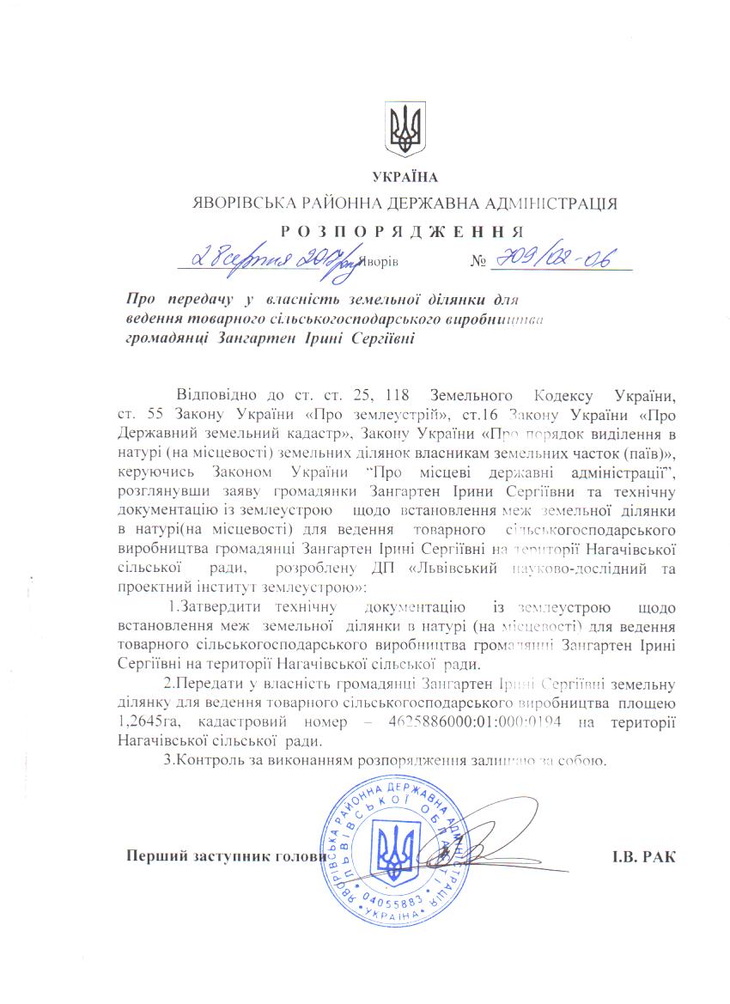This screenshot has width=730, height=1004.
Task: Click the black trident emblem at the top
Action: tap(405, 130)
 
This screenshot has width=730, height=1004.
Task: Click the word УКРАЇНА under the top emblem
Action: tap(405, 178)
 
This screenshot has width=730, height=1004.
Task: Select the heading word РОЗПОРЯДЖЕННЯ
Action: tap(402, 230)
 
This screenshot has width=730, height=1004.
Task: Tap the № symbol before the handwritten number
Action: tap(478, 259)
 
